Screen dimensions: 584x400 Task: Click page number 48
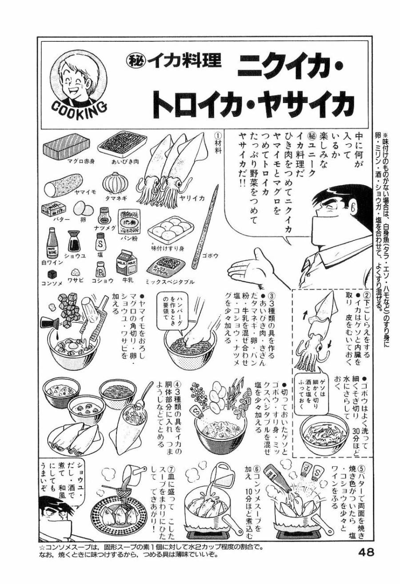[x=366, y=552]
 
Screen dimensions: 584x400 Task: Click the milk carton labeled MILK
[x=126, y=263]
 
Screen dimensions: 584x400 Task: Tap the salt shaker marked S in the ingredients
[x=100, y=242]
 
